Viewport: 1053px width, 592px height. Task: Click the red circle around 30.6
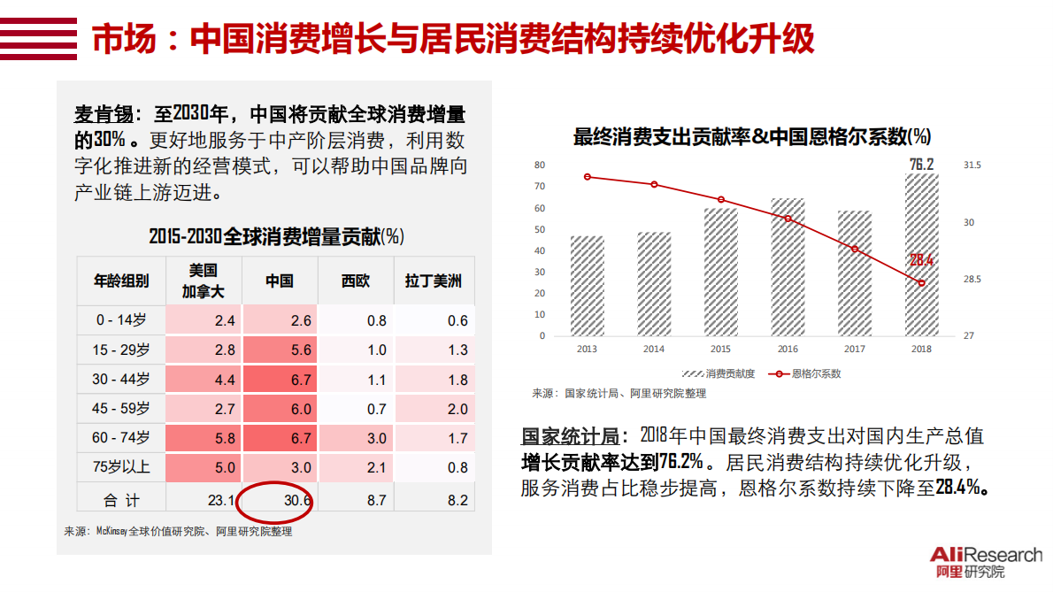coord(275,501)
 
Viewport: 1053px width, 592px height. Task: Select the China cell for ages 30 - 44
coord(280,380)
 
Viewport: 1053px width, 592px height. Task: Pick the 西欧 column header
coord(356,281)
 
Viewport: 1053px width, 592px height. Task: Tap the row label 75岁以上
coord(122,467)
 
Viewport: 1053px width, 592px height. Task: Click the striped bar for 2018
coord(921,255)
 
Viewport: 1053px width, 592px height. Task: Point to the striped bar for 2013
coord(587,286)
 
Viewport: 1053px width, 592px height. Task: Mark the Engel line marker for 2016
coord(788,219)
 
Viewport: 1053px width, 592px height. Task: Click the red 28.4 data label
coord(922,260)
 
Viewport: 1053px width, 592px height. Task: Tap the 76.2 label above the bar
coord(921,165)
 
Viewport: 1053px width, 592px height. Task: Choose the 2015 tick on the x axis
coord(720,350)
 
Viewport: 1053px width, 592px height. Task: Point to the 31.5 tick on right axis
coord(972,165)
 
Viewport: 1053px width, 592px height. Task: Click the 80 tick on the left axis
coord(540,165)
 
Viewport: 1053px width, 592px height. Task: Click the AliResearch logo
coord(986,562)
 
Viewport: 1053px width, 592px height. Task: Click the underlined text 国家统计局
coord(569,436)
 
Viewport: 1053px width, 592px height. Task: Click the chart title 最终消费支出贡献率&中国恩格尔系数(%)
coord(751,137)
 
